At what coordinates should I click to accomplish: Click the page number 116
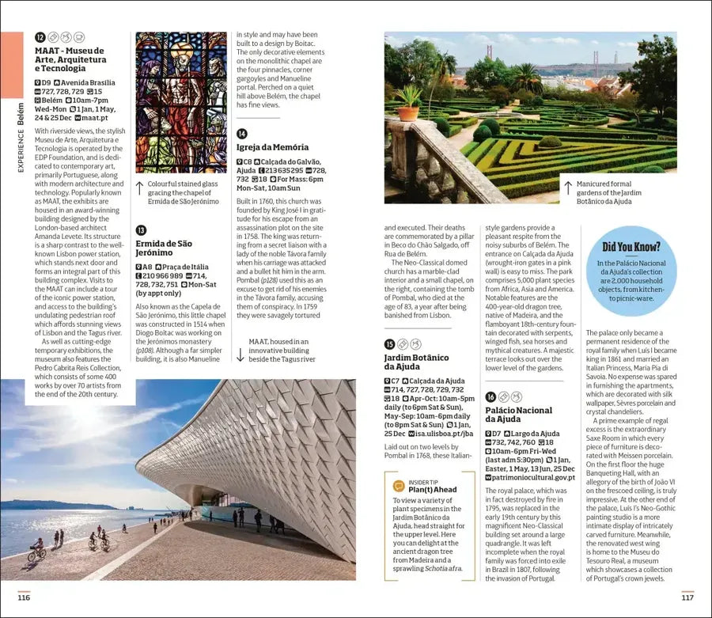click(24, 597)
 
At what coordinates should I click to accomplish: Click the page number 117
click(687, 597)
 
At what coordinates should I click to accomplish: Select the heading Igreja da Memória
click(272, 147)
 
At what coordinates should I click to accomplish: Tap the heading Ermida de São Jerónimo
click(163, 248)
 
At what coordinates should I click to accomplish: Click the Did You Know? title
click(631, 247)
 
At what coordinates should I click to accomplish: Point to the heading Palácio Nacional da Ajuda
click(518, 415)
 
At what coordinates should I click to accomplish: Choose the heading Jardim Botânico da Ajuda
click(416, 362)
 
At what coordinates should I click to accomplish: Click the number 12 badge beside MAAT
click(40, 37)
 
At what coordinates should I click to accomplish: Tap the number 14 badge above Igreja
click(242, 134)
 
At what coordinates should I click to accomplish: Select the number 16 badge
click(490, 396)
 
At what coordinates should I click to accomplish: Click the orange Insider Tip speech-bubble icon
click(398, 485)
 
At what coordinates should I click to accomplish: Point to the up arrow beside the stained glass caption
click(140, 188)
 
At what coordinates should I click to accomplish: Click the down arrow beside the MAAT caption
click(240, 354)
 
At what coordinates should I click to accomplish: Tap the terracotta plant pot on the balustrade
click(408, 112)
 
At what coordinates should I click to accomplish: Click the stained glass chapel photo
click(181, 102)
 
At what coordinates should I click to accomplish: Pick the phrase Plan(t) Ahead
click(433, 490)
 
